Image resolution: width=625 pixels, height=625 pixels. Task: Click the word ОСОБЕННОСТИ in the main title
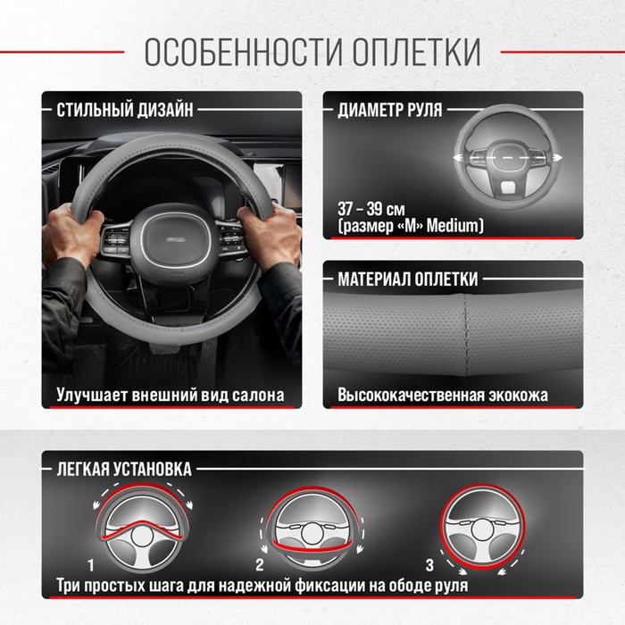click(243, 52)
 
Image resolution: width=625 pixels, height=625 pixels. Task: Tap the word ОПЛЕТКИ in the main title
click(417, 52)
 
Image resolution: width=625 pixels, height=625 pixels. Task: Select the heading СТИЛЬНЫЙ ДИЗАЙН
click(125, 110)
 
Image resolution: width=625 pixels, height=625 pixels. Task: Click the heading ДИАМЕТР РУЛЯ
click(390, 110)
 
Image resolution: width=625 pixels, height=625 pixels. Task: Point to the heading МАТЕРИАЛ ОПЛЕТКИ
click(407, 279)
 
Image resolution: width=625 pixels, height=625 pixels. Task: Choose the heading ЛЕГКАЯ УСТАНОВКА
click(124, 469)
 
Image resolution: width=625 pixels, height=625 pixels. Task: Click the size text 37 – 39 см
click(371, 209)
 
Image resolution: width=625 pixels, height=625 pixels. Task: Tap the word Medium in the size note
click(454, 226)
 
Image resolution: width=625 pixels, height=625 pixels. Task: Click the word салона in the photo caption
click(258, 395)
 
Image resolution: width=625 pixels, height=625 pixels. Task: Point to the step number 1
click(91, 565)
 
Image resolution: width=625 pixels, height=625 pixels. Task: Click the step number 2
click(260, 565)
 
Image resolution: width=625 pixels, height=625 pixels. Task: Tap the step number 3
click(429, 565)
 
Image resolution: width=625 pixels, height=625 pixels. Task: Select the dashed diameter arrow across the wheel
click(507, 158)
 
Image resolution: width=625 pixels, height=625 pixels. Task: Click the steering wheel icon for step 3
click(483, 527)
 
